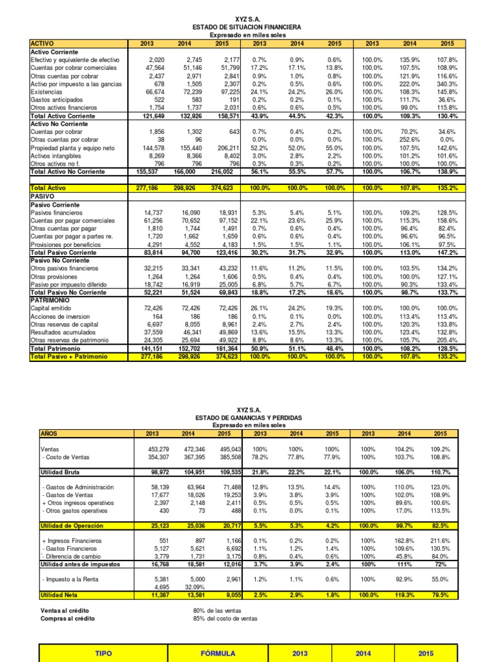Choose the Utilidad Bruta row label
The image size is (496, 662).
[60, 473]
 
